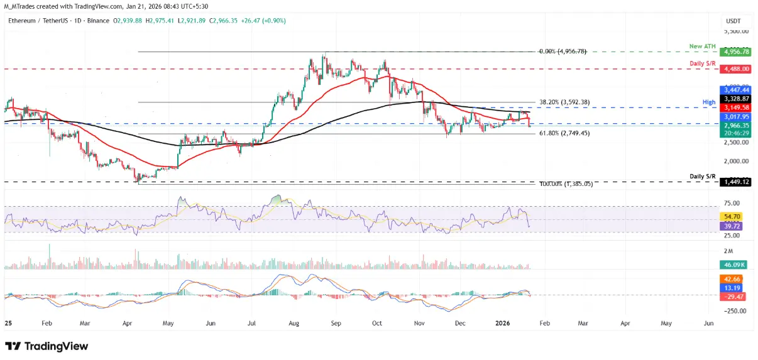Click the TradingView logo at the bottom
pos(47,346)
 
